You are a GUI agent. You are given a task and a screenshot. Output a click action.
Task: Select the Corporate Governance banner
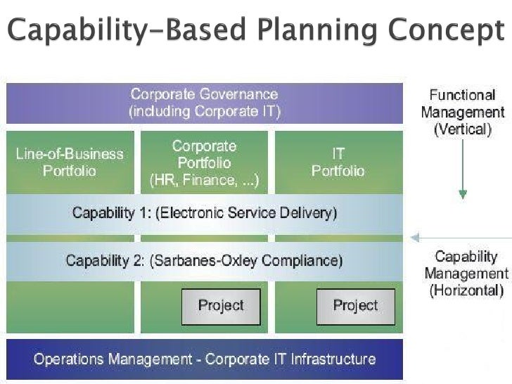204,103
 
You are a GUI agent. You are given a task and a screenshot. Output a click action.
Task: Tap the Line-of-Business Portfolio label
70,162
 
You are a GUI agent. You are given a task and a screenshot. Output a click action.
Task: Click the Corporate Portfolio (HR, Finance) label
204,163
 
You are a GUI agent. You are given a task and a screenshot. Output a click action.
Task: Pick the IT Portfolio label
338,162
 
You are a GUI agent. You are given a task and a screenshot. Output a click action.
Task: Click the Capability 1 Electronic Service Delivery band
204,213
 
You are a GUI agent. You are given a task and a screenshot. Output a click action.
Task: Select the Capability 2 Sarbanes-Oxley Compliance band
204,261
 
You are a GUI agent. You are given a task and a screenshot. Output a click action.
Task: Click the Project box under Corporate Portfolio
221,306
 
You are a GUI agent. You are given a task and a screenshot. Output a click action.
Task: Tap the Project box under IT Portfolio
355,306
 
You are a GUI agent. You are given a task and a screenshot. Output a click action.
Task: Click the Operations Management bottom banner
204,359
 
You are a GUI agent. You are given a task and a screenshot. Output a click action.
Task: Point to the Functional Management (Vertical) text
462,112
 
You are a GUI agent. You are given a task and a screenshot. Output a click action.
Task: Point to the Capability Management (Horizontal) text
466,273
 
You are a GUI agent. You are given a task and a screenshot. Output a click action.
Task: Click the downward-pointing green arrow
463,176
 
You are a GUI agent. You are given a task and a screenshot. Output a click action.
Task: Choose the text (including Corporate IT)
204,111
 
